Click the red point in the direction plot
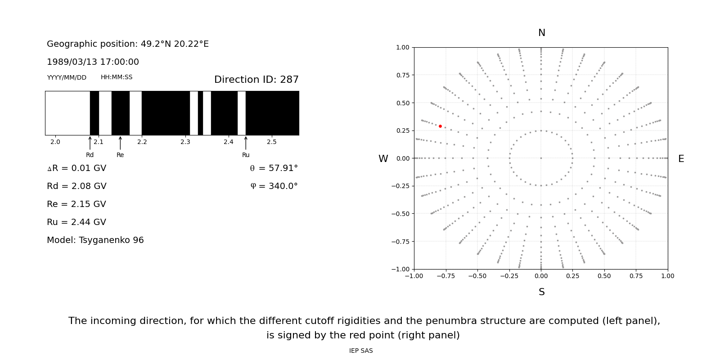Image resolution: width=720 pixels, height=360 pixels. click(440, 126)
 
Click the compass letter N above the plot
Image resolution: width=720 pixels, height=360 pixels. click(541, 33)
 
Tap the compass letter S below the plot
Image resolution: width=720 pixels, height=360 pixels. click(541, 292)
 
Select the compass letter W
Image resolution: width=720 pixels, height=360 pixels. click(383, 159)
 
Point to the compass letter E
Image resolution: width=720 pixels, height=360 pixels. click(681, 159)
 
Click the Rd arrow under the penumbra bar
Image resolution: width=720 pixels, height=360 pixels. click(90, 143)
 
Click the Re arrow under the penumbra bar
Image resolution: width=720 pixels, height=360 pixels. click(120, 143)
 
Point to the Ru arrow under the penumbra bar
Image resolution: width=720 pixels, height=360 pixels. click(246, 143)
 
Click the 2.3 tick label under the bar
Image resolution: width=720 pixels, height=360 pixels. click(185, 142)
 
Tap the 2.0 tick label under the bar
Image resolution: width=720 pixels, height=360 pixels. click(55, 142)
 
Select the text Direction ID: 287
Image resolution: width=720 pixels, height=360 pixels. click(256, 80)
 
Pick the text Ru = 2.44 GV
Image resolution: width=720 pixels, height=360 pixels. click(76, 222)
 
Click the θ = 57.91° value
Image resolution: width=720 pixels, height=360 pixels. click(274, 168)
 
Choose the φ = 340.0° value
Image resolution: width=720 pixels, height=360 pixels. click(274, 186)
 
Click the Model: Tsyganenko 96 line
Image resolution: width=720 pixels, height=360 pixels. click(95, 240)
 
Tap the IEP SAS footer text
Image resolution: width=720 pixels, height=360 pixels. click(361, 351)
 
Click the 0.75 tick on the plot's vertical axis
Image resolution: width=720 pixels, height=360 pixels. click(403, 75)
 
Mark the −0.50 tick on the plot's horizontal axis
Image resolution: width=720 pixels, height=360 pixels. click(477, 276)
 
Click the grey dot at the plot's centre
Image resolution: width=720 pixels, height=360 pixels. click(541, 158)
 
